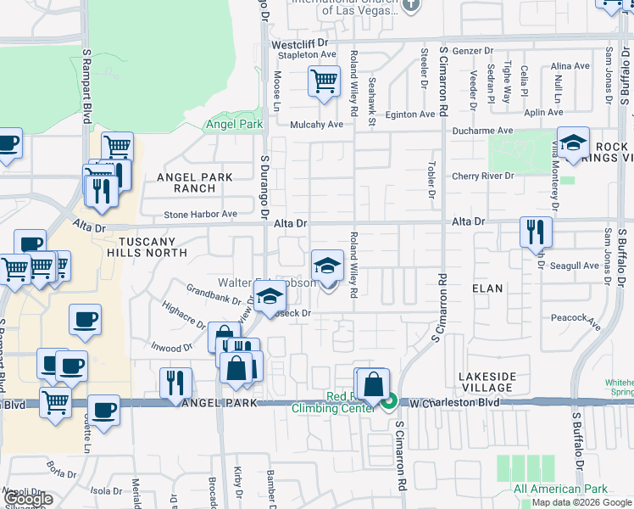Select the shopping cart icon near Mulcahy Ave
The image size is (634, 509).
[x=324, y=83]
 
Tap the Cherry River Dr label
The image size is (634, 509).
[x=483, y=176]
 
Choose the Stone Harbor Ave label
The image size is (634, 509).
[x=200, y=214]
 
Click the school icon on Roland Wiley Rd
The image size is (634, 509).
[x=327, y=265]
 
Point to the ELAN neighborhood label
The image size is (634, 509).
[x=487, y=288]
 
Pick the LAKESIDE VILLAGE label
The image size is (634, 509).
[x=487, y=381]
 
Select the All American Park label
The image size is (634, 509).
[x=560, y=489]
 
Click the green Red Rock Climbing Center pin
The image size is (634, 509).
[x=389, y=401]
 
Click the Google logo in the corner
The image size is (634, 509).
[x=27, y=500]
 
